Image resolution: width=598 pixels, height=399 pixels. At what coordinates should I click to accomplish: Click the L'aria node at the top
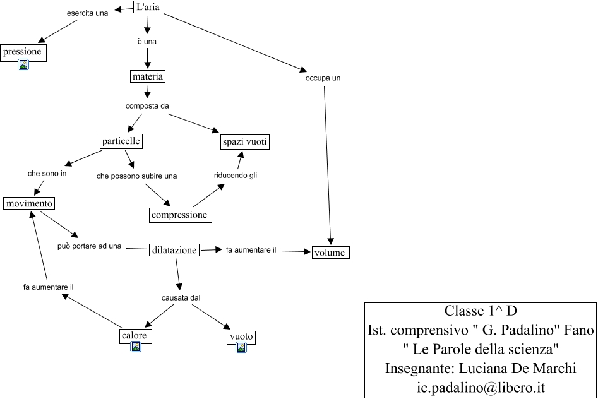tap(148, 7)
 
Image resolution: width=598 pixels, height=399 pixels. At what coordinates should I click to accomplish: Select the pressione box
tap(23, 52)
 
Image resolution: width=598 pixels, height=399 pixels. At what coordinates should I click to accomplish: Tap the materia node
tap(148, 76)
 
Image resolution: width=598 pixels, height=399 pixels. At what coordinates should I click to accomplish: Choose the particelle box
tap(121, 141)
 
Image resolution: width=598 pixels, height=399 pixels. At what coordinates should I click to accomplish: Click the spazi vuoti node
tap(245, 142)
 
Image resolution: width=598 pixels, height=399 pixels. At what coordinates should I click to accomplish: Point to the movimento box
tap(29, 203)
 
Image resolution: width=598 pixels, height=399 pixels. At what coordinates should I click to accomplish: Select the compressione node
tap(180, 215)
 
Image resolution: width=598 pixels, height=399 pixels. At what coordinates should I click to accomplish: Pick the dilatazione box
tap(174, 250)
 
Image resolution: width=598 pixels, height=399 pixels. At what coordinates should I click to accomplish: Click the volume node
tap(330, 253)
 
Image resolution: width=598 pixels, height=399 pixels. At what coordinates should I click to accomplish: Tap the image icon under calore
tap(135, 347)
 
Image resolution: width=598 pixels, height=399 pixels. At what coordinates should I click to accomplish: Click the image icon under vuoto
tap(241, 347)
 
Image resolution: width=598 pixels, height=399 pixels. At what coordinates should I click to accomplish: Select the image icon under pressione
tap(23, 65)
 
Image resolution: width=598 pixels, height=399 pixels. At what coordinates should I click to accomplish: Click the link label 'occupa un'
tap(323, 78)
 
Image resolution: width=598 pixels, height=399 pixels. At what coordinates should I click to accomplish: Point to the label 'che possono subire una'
tap(136, 176)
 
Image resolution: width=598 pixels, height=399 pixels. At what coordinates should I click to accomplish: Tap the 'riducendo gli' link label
tap(236, 175)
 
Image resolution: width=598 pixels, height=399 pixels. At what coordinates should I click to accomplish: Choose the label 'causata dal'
tap(181, 297)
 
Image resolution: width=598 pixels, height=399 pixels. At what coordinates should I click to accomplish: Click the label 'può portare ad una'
tap(89, 246)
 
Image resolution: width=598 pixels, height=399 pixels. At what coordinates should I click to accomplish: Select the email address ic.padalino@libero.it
tap(481, 388)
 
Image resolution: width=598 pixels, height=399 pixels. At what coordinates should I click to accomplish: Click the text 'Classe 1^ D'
tap(481, 311)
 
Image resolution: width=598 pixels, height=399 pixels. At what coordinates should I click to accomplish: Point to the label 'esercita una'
tap(87, 13)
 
